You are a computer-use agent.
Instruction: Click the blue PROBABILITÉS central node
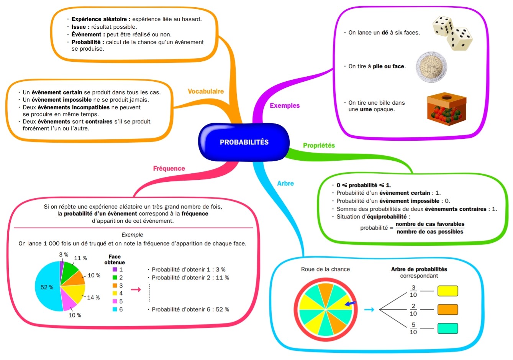pyautogui.click(x=244, y=142)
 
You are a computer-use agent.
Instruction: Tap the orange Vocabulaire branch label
pyautogui.click(x=206, y=91)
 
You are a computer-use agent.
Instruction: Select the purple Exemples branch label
pyautogui.click(x=285, y=106)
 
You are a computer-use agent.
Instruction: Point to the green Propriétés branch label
pyautogui.click(x=319, y=146)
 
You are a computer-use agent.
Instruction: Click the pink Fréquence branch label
pyautogui.click(x=169, y=169)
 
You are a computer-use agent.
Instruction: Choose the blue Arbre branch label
pyautogui.click(x=285, y=183)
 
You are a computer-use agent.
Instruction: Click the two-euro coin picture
pyautogui.click(x=431, y=67)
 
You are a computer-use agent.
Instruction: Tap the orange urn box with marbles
pyautogui.click(x=447, y=109)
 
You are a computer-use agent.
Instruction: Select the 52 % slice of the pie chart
pyautogui.click(x=48, y=287)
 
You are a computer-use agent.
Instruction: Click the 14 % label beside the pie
pyautogui.click(x=93, y=298)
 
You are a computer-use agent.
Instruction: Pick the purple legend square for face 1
pyautogui.click(x=115, y=270)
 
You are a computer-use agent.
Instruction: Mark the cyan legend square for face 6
pyautogui.click(x=115, y=309)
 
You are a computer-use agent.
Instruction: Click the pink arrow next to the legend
pyautogui.click(x=136, y=290)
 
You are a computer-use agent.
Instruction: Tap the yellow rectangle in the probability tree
pyautogui.click(x=448, y=291)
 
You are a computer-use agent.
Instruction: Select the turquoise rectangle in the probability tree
pyautogui.click(x=448, y=329)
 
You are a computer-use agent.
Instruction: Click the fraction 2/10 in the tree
pyautogui.click(x=413, y=310)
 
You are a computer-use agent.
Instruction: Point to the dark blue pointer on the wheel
pyautogui.click(x=351, y=304)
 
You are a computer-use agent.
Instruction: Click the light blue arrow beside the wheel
pyautogui.click(x=369, y=310)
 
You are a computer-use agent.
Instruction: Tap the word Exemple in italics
pyautogui.click(x=133, y=235)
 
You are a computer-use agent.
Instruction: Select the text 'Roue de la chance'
pyautogui.click(x=325, y=269)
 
